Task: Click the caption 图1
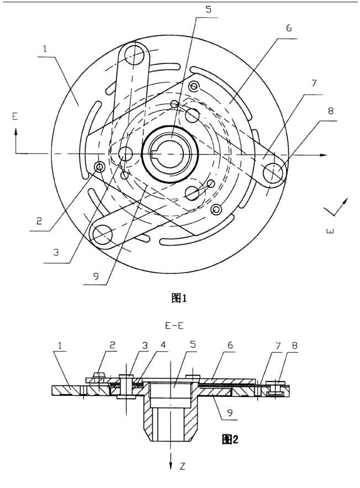point(179,300)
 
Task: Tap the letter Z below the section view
point(187,467)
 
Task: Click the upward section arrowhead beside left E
point(16,131)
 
